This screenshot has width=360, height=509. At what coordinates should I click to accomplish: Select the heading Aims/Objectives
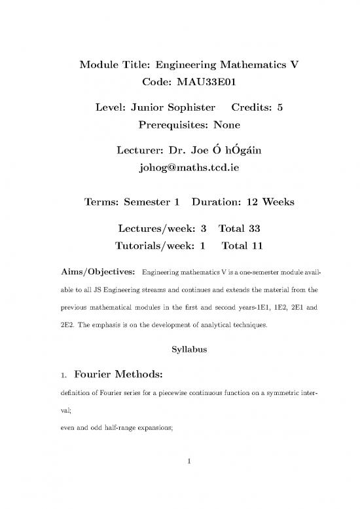98,271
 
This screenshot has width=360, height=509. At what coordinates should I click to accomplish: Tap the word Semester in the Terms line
148,203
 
